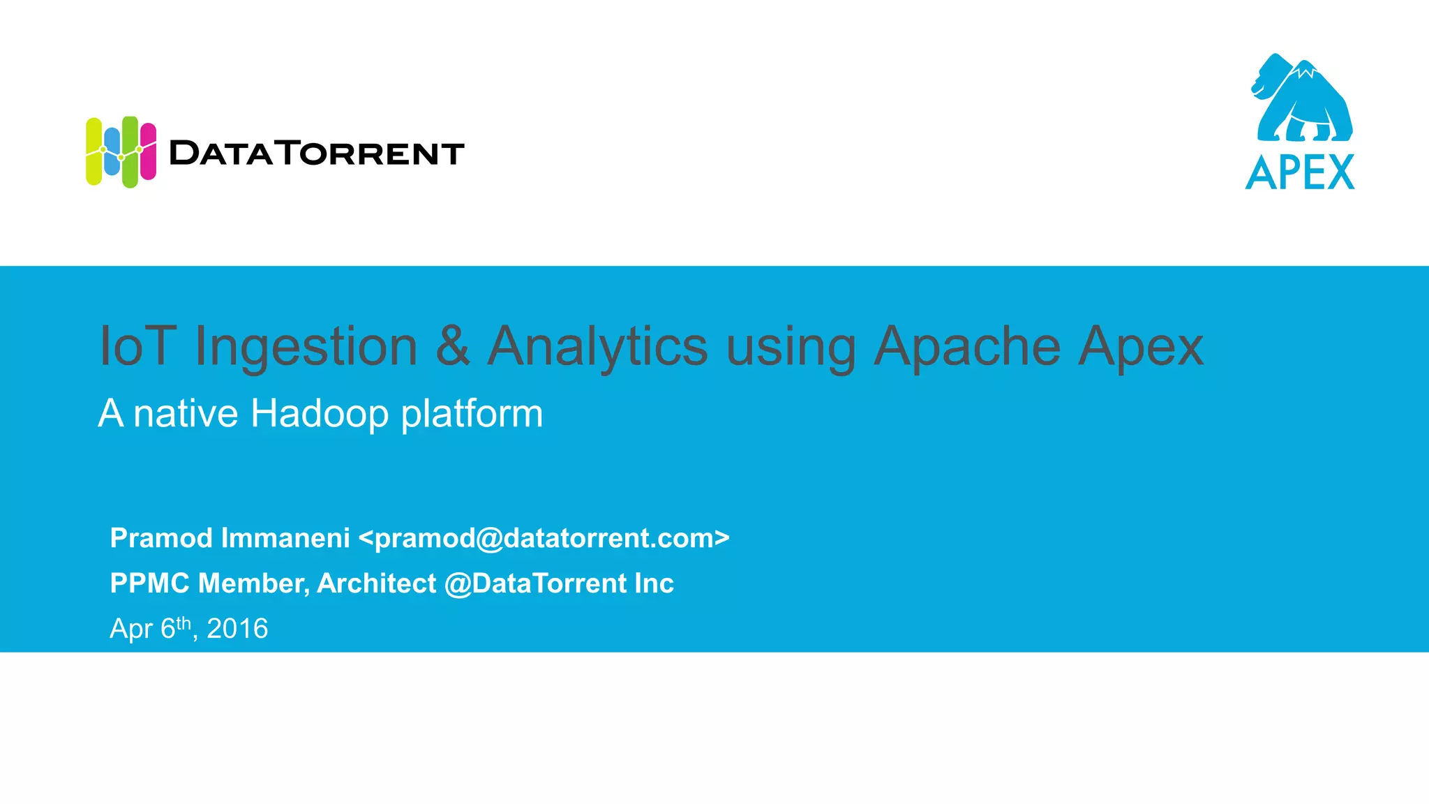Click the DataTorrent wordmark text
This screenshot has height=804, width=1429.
317,153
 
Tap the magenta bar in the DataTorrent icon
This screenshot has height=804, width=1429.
148,151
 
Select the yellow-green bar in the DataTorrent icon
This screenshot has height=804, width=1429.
93,151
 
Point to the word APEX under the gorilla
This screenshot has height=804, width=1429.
1300,172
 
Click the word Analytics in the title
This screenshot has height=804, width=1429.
597,347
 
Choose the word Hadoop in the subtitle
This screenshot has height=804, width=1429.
319,414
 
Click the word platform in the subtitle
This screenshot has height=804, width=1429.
472,414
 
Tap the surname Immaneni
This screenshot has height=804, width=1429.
285,538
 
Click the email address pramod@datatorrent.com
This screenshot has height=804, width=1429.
544,538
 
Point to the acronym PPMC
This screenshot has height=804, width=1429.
149,583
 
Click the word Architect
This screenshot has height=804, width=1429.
377,583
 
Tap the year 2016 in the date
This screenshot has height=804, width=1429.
237,629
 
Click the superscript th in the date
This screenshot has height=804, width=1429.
184,622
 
